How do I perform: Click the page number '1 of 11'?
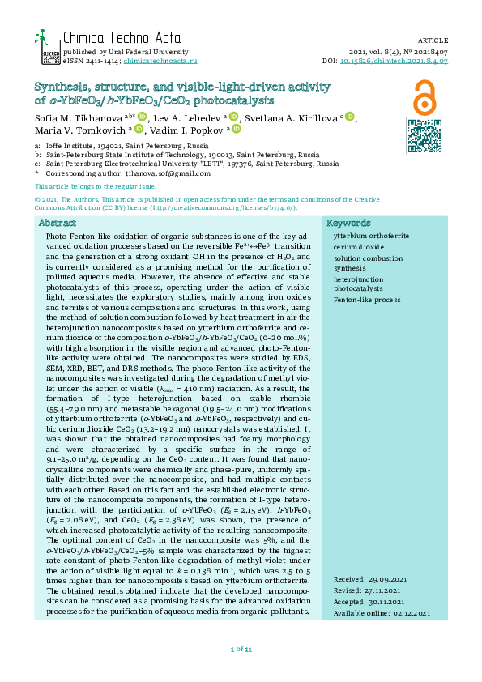[x=241, y=649]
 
